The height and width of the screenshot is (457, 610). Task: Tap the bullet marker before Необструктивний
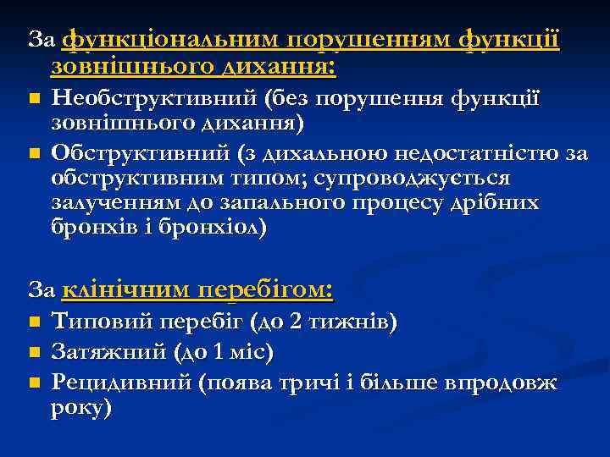34,100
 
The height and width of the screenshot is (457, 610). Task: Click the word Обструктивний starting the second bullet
138,153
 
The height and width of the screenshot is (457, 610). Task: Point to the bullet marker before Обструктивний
34,153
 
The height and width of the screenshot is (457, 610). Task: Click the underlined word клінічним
126,289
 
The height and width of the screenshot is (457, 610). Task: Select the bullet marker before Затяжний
34,351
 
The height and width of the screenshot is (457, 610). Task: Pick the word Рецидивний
121,383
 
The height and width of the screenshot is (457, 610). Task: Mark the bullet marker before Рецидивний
34,383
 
